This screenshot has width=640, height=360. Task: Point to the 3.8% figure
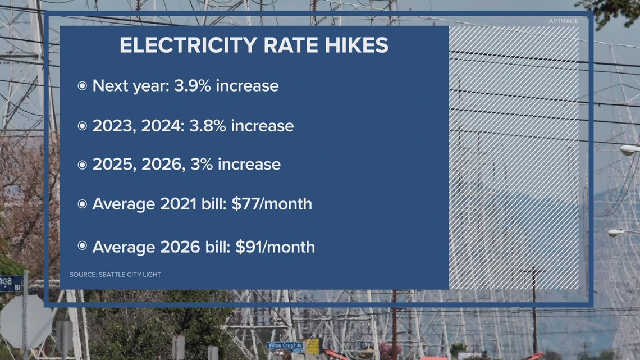[208, 126]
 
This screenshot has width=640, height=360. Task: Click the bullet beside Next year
[83, 86]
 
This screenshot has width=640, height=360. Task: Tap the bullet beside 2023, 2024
[83, 126]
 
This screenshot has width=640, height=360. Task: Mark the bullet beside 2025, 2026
[83, 165]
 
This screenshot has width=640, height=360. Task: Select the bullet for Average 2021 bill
[83, 204]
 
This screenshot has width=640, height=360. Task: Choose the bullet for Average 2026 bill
[83, 246]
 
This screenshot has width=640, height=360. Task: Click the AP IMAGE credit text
[563, 21]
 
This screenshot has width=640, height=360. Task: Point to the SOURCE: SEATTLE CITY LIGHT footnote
[115, 275]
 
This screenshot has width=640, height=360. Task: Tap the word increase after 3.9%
[248, 86]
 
